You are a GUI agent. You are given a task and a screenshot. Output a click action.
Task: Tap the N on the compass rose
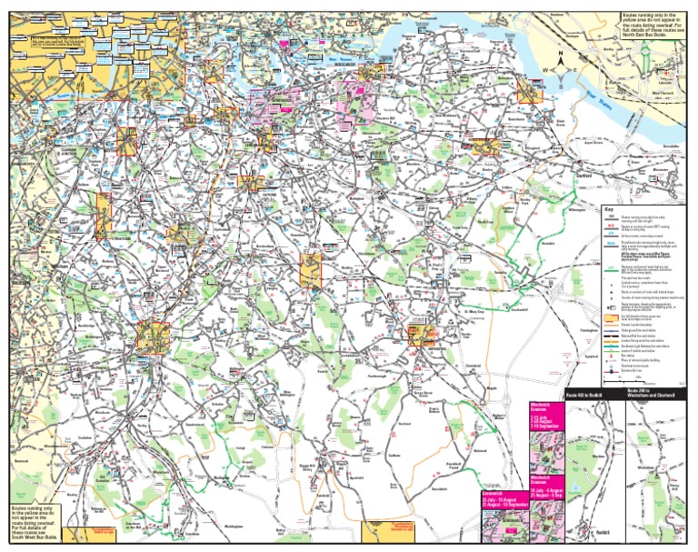click(563, 55)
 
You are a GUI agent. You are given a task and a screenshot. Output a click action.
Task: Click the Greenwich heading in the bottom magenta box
click(495, 493)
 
